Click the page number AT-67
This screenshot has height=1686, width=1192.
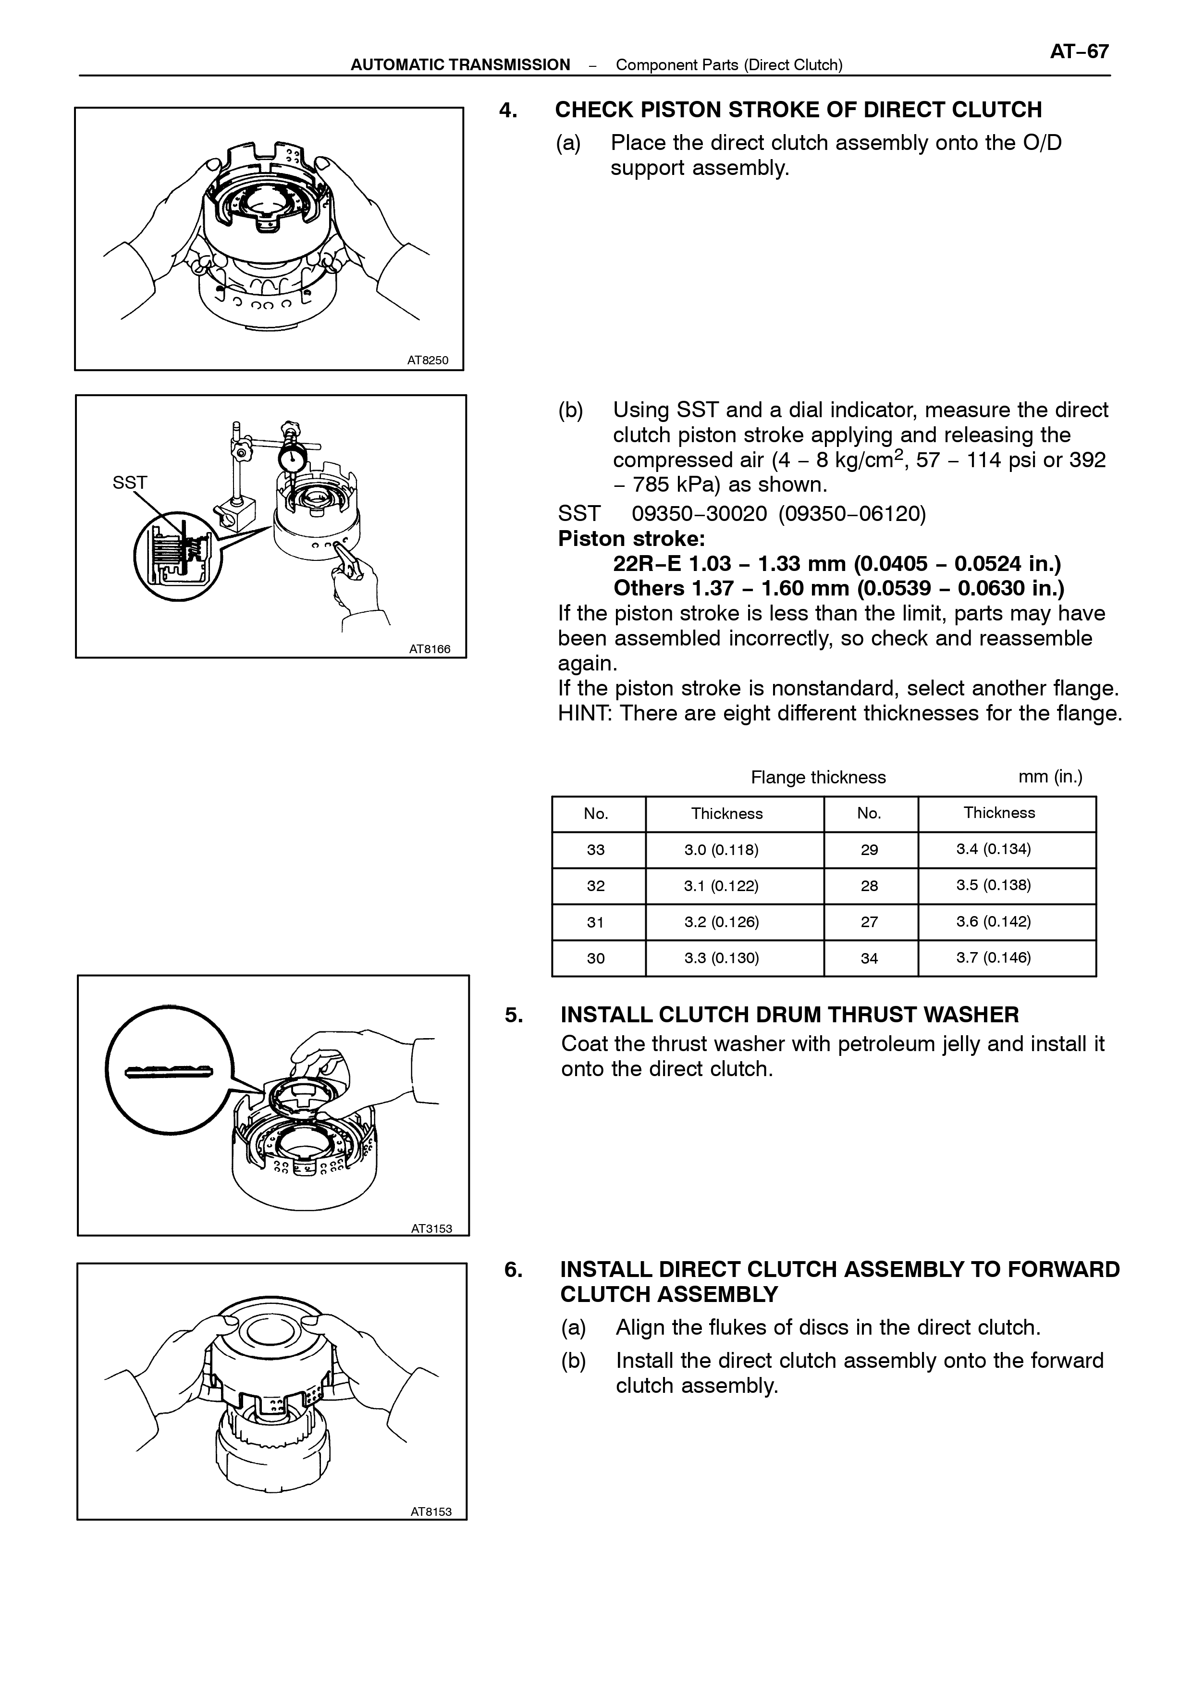[1079, 52]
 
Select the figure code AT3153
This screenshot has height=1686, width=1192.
[431, 1228]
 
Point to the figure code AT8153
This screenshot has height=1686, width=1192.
[431, 1511]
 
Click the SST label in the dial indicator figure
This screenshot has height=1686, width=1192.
[130, 483]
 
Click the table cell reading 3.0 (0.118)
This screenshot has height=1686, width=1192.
[722, 850]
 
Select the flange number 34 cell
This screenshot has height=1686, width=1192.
[869, 958]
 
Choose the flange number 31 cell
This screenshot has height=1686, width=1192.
[595, 922]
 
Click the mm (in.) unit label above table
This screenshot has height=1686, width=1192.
[1050, 777]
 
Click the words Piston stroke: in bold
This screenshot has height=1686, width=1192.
[631, 538]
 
